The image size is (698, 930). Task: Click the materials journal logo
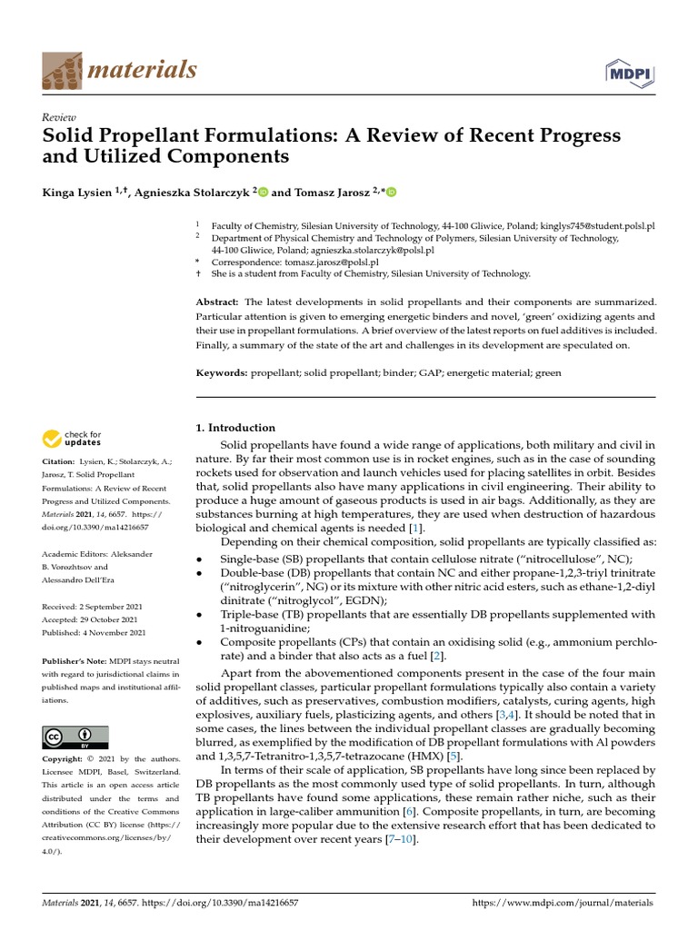(x=119, y=70)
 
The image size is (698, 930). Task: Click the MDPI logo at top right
(x=630, y=72)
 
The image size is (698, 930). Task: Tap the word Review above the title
(x=58, y=118)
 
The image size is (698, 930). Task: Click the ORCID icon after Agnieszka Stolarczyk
(x=264, y=192)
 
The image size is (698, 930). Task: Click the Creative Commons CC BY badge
(x=75, y=737)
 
